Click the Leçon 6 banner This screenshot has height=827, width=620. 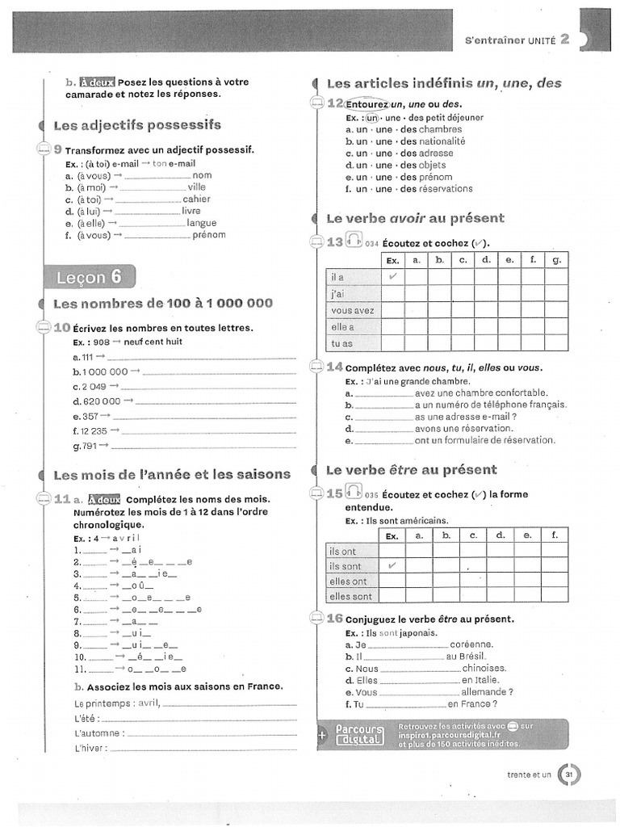[x=90, y=277]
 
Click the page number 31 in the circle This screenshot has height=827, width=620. [x=569, y=775]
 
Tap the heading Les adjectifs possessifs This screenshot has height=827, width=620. [x=136, y=125]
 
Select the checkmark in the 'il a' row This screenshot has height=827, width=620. [x=392, y=276]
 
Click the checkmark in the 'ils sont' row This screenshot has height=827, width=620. [x=392, y=566]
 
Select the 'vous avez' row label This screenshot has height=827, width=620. [x=353, y=310]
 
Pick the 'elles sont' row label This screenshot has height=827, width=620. [x=351, y=596]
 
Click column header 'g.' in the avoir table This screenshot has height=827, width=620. [x=556, y=260]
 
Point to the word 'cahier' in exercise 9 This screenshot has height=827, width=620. [x=196, y=199]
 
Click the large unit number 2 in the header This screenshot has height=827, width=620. [x=565, y=40]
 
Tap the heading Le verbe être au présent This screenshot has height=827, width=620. [x=411, y=469]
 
